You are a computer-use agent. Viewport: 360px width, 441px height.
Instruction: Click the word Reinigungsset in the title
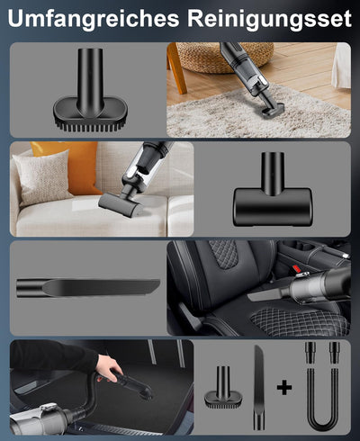(267, 19)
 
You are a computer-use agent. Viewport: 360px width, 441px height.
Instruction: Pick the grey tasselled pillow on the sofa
(41, 178)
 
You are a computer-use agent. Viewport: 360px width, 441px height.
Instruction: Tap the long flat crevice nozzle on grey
(88, 288)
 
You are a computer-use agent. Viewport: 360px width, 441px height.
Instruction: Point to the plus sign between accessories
(284, 388)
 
